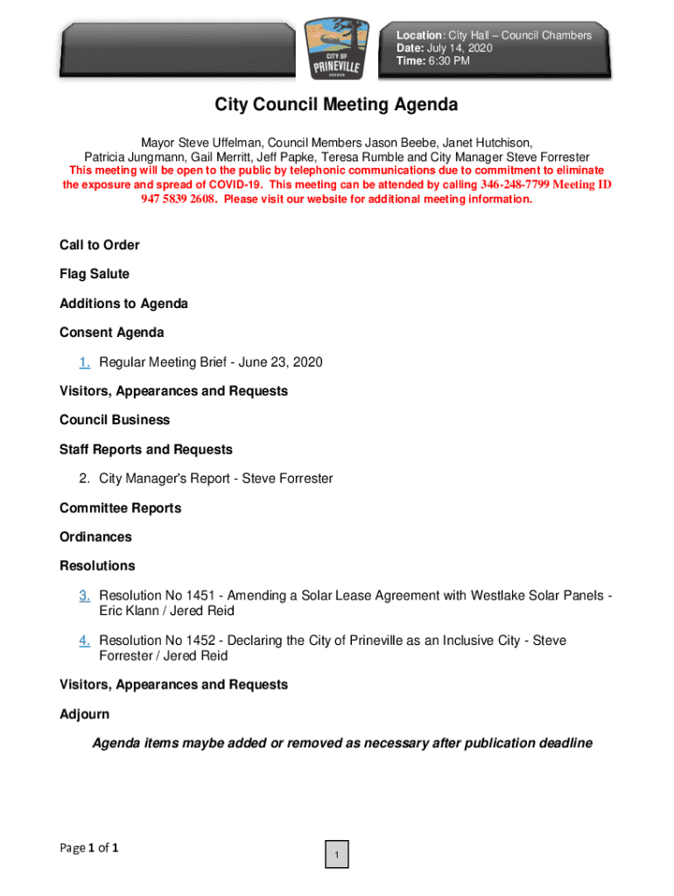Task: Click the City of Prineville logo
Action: [337, 49]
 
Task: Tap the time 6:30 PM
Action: [450, 61]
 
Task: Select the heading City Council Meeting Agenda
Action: [337, 105]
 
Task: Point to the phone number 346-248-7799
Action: [515, 185]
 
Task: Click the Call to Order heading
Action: [99, 245]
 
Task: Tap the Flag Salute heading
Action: [94, 274]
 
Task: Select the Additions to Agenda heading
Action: [123, 304]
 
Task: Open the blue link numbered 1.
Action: [85, 362]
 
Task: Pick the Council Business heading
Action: [115, 420]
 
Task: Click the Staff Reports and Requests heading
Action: [146, 450]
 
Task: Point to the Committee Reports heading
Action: [119, 508]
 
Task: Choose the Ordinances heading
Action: [95, 537]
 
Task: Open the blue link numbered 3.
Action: [85, 596]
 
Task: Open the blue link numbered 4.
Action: [85, 641]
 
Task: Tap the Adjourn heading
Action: [84, 715]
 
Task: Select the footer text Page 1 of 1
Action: [88, 848]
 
